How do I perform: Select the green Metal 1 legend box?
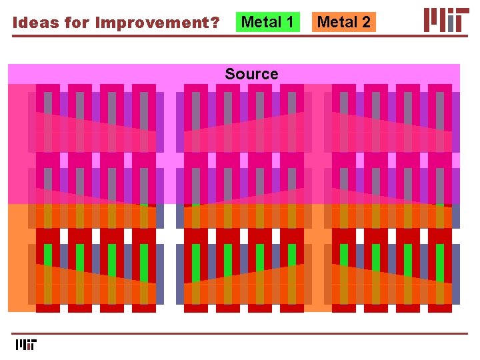point(268,22)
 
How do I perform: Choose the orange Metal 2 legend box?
point(343,22)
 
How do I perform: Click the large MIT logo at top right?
point(445,20)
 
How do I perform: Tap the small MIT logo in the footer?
point(26,345)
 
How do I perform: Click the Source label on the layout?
point(251,74)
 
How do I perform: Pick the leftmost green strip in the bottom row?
point(48,263)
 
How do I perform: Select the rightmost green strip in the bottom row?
point(440,263)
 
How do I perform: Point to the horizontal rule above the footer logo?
point(240,333)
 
